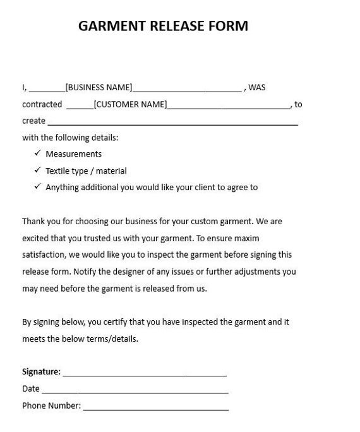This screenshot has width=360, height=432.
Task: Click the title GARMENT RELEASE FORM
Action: (x=163, y=26)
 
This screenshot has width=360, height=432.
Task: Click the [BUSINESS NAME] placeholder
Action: (x=99, y=88)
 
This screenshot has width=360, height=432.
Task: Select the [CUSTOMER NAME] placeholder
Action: (x=131, y=104)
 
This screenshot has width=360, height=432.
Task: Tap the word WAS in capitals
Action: (x=257, y=88)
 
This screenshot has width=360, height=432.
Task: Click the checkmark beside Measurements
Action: (x=37, y=153)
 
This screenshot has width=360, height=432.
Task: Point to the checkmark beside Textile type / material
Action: (x=37, y=171)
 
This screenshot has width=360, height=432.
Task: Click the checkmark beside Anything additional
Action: (x=37, y=187)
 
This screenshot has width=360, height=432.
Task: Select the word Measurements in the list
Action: (x=73, y=154)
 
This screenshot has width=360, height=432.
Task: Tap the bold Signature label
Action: (x=41, y=371)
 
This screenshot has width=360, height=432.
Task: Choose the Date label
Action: (x=30, y=388)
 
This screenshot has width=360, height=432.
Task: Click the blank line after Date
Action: (x=135, y=391)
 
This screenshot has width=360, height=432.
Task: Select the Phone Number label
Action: (x=51, y=405)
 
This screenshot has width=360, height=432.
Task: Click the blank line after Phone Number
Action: (x=155, y=408)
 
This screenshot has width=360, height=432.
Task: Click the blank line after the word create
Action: (x=172, y=123)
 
